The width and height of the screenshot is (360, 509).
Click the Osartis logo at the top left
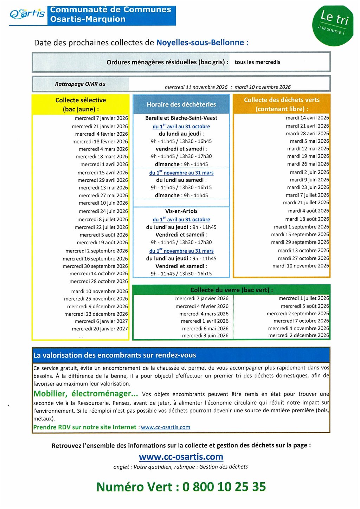point(27,14)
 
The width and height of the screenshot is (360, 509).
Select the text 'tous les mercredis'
point(257,62)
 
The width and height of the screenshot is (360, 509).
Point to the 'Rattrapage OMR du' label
point(80,84)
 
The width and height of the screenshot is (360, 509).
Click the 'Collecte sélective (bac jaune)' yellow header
point(81,104)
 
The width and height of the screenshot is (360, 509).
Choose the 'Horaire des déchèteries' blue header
point(181,104)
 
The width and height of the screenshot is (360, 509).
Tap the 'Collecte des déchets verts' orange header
point(282,104)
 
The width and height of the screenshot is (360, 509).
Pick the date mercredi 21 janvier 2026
point(100,126)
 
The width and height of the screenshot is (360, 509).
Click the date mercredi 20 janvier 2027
point(100,329)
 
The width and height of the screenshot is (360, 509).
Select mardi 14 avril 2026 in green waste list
point(307,118)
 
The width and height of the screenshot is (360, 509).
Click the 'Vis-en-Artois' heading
point(181,211)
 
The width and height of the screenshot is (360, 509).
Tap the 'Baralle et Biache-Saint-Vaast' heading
point(181,118)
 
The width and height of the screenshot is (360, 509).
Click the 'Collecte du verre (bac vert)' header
point(231,290)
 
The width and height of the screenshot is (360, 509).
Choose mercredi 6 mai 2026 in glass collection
point(205,328)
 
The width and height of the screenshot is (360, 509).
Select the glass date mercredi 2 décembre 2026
point(298,335)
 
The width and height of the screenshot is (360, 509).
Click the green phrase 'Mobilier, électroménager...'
point(85,394)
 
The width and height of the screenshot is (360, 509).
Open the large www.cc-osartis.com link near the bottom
point(181,457)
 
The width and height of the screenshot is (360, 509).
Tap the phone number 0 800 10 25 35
point(224,487)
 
